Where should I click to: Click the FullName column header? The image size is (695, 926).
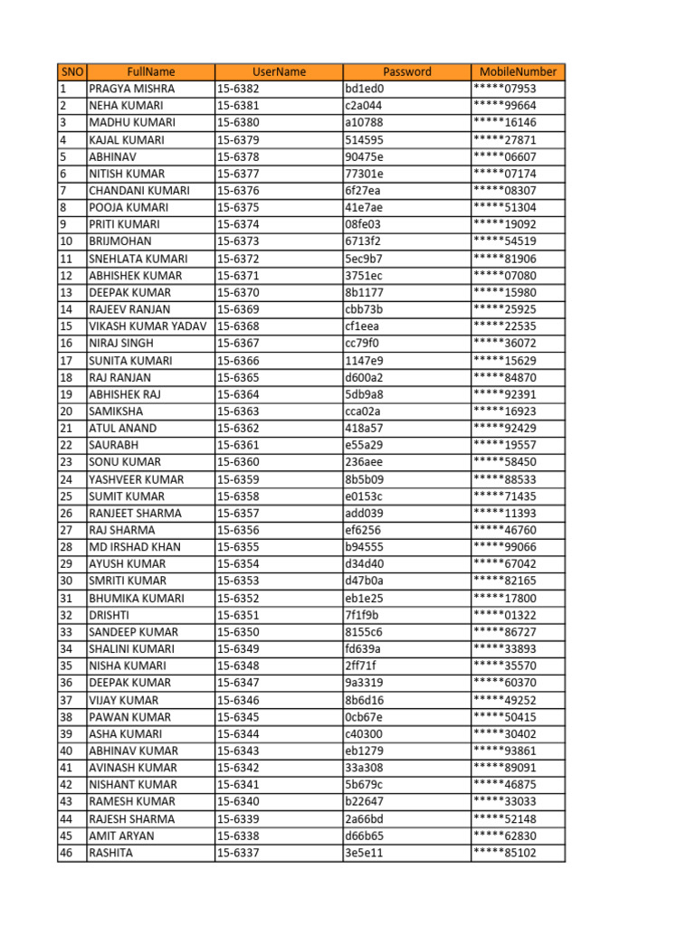coord(150,71)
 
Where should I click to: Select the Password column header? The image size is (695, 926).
coord(406,71)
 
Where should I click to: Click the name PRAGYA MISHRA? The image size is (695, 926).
coord(132,89)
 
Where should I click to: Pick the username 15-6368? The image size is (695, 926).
coord(238,326)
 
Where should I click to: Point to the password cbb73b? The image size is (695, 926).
coord(365,309)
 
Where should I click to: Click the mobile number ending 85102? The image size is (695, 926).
coord(504,853)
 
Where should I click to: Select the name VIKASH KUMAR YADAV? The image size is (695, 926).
coord(148,326)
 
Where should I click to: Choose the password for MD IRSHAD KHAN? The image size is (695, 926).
coord(365,547)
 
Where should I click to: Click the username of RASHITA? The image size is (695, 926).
coord(238,853)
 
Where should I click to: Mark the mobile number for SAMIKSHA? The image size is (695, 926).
coord(504,411)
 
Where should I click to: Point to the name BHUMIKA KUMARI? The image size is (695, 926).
coord(137,598)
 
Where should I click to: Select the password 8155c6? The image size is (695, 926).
coord(364,632)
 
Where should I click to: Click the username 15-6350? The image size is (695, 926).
coord(238,632)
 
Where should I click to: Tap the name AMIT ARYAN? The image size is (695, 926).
coord(121,836)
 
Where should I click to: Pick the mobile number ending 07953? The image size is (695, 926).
coord(504,89)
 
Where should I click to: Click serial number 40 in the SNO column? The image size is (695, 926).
coord(67,751)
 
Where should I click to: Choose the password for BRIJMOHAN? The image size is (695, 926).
coord(363,241)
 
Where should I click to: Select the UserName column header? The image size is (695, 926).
coord(279,71)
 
